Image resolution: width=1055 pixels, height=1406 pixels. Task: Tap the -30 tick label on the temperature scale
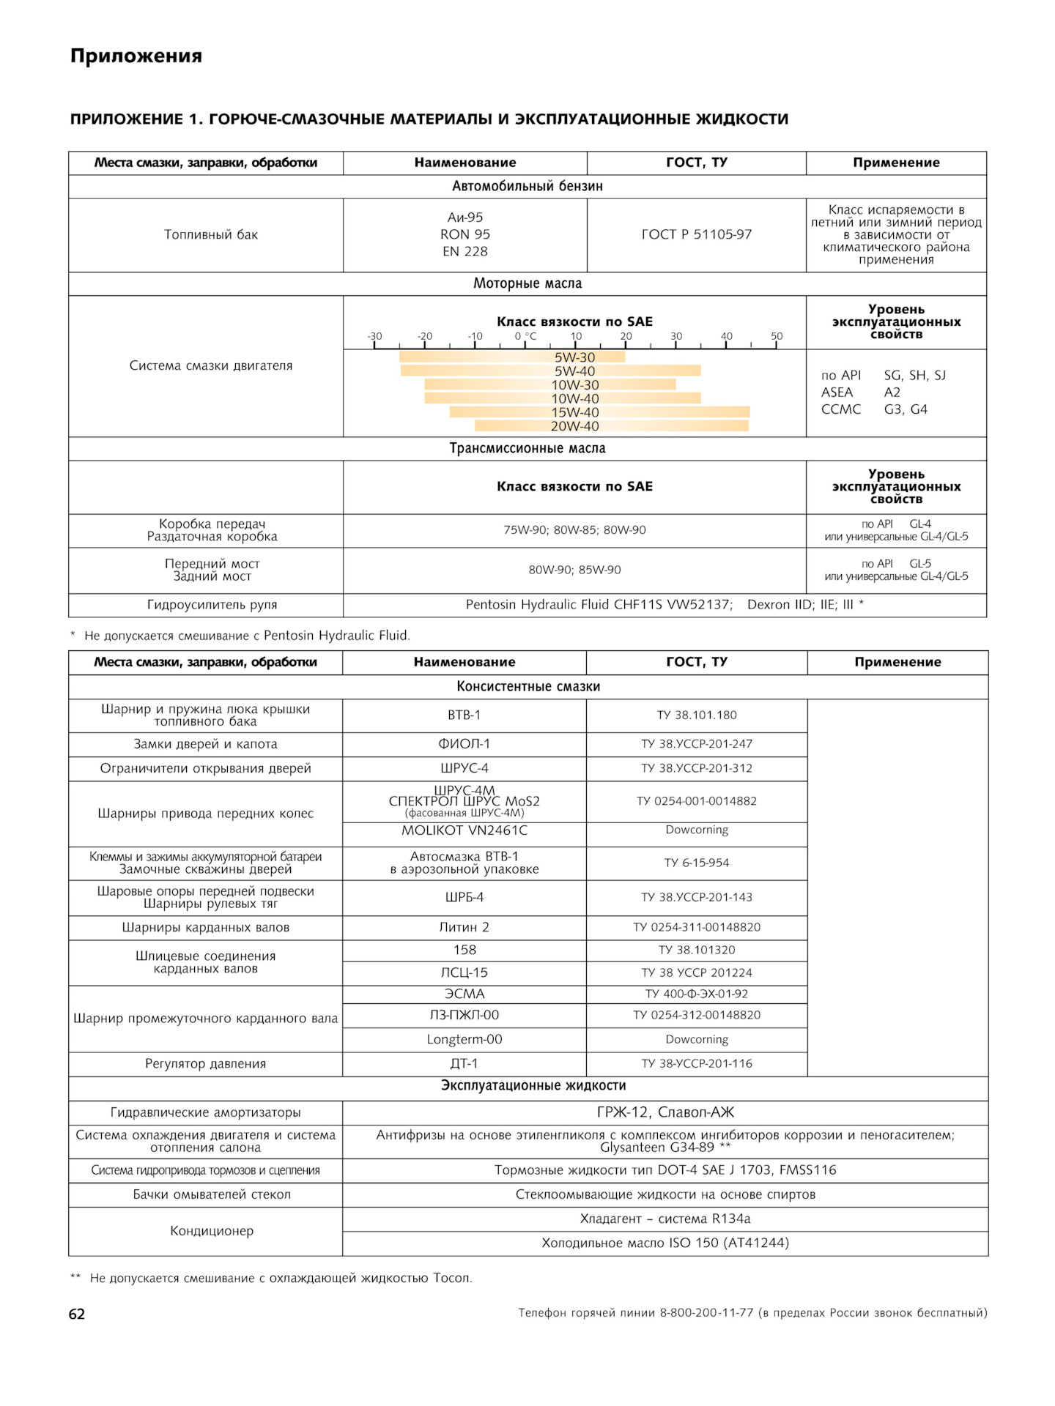374,336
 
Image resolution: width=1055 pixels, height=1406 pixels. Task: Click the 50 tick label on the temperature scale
777,336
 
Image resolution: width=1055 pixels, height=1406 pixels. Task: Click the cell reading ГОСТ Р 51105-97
696,234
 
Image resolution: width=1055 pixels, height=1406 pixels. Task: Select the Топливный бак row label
211,234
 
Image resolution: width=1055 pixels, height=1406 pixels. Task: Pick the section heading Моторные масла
527,283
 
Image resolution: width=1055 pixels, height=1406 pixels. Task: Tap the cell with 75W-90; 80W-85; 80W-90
574,530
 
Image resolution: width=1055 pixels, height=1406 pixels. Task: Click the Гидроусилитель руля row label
212,605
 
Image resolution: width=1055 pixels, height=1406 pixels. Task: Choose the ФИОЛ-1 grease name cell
464,744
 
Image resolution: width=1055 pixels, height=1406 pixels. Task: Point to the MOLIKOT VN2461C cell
464,830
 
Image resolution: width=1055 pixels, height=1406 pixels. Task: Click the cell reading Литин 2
464,927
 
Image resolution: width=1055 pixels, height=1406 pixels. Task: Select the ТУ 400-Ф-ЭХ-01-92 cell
697,994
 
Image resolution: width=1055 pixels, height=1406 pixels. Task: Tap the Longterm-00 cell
464,1039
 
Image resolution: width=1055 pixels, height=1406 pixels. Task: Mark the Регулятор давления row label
205,1063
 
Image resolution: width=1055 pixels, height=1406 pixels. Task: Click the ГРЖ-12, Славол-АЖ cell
665,1112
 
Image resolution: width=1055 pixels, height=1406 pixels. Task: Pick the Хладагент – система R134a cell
665,1219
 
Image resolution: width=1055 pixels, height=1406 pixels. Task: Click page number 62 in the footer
77,1314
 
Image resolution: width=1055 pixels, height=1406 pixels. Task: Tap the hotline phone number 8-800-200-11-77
706,1313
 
